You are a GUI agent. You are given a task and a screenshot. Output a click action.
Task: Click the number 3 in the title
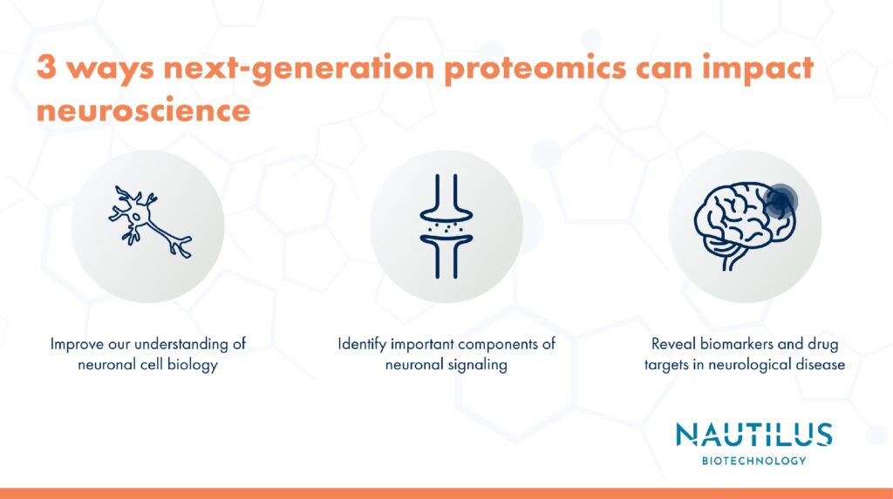[46, 67]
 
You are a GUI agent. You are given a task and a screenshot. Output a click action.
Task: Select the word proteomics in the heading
[535, 70]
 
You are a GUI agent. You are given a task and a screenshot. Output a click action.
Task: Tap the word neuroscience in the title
[144, 110]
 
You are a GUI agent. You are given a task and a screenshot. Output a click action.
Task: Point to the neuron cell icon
[149, 221]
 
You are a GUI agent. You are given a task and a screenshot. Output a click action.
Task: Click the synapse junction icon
[446, 226]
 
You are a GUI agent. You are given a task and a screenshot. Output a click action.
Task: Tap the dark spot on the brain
[780, 201]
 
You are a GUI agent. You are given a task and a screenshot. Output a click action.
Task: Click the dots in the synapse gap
[446, 227]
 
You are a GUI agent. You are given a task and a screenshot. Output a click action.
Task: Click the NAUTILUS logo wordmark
[754, 435]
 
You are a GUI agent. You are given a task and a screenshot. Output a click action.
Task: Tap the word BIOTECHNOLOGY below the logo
[754, 461]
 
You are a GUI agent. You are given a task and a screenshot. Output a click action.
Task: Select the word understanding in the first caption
[181, 345]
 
